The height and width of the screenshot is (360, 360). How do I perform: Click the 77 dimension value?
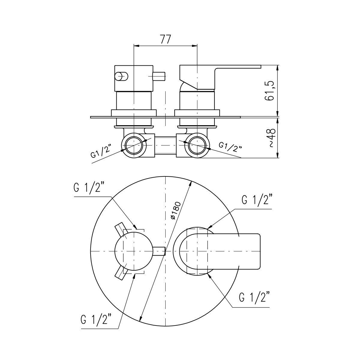166,39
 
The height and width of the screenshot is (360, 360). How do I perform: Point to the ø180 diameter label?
176,210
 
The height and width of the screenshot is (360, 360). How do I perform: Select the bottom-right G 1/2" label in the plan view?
254,297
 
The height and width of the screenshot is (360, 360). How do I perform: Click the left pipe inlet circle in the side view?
134,145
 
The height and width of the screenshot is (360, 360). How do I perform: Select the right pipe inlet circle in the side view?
197,145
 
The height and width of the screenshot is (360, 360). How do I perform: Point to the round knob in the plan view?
134,251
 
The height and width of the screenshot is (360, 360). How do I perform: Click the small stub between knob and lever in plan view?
159,251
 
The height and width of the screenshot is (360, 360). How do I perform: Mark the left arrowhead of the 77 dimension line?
136,46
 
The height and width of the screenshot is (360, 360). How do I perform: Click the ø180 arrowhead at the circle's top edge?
190,184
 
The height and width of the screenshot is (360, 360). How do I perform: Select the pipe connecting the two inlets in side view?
166,145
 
